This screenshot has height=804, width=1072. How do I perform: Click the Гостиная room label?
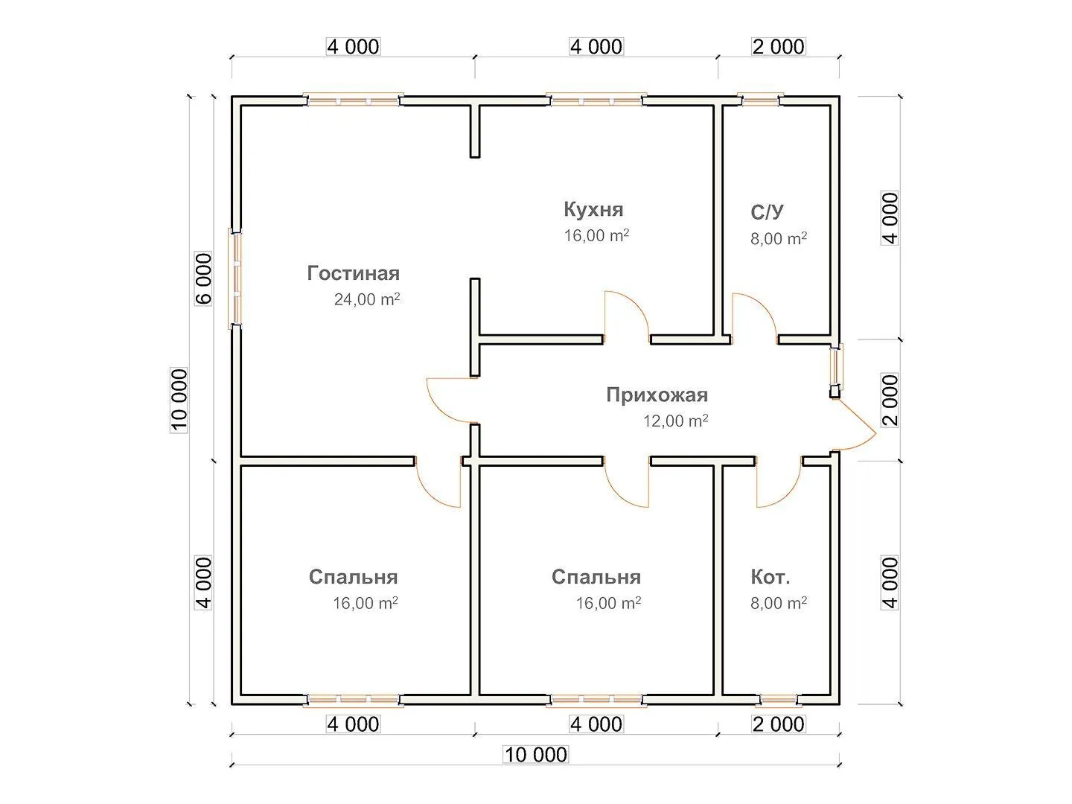point(354,274)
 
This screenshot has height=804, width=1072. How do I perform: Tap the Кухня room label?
point(593,210)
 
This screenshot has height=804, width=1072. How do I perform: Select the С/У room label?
point(767,213)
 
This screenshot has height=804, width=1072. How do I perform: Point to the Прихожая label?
point(657,395)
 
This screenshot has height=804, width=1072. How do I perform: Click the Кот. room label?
point(770,577)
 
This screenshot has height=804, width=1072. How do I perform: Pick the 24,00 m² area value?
point(367,300)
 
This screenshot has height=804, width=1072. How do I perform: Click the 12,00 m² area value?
point(675,421)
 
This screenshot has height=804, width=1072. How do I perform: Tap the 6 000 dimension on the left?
point(204,279)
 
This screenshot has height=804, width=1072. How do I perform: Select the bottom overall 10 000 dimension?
point(536,755)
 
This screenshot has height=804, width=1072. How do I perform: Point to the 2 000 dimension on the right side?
point(890,400)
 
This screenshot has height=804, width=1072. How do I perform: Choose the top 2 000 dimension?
point(779,47)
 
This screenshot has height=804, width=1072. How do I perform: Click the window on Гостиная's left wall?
point(236,279)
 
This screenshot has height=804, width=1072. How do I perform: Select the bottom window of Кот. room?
point(779,700)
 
